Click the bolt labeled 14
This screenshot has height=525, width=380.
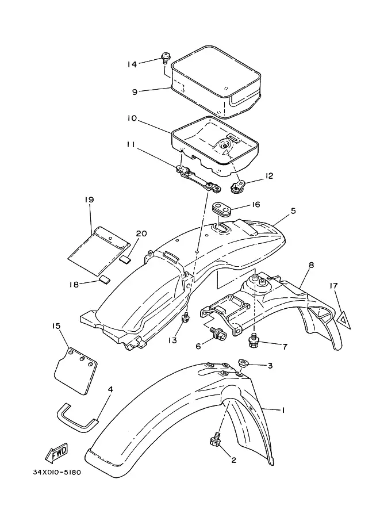click(x=165, y=58)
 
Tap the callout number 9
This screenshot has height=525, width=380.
click(x=135, y=92)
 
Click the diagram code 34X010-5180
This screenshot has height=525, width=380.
click(x=57, y=473)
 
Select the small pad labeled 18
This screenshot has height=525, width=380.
click(x=105, y=279)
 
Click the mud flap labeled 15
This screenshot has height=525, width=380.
click(x=76, y=371)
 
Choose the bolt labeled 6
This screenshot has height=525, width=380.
click(x=219, y=332)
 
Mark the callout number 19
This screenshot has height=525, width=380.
click(x=89, y=200)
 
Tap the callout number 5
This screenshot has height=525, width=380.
click(x=293, y=211)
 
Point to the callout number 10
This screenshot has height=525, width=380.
click(x=132, y=118)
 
